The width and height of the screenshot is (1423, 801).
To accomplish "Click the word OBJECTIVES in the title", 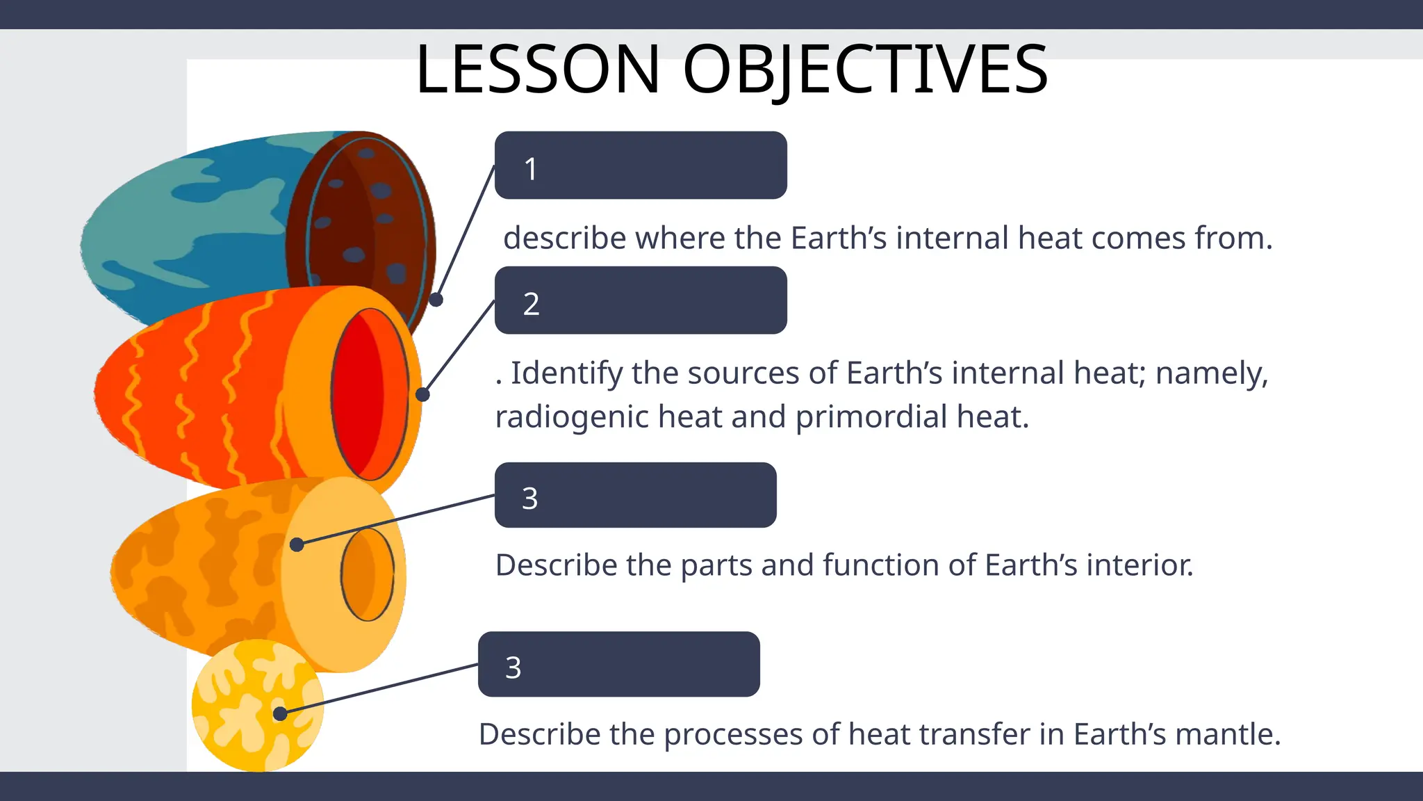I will pos(865,70).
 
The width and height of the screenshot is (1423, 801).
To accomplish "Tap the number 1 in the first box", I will pos(531,169).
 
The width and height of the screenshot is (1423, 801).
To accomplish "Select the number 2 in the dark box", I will pos(531,304).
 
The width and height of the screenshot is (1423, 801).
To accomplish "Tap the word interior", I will pos(1145,565).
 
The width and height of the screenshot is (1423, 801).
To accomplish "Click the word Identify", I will pos(567,373).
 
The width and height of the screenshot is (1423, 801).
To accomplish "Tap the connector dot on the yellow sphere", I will pos(280,714).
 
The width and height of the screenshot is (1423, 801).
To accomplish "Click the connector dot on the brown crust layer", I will pos(436,300).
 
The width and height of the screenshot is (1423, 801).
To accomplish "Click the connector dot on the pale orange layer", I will pos(297,544).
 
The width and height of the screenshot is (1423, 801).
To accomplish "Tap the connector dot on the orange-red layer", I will pos(422,395).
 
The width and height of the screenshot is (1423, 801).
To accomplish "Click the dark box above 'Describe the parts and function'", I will pos(635,495).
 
